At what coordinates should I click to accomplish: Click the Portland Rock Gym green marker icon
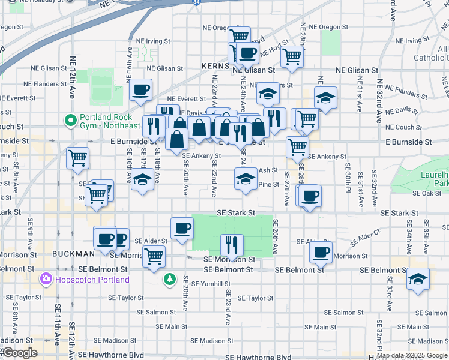point(71,121)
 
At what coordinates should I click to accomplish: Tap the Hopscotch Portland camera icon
point(46,280)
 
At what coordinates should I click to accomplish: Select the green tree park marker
point(170,279)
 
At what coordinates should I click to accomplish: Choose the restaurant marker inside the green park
point(229,244)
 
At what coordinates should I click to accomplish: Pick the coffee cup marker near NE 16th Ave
point(140,90)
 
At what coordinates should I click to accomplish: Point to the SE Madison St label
point(212,341)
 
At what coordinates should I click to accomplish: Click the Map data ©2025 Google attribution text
point(412,355)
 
